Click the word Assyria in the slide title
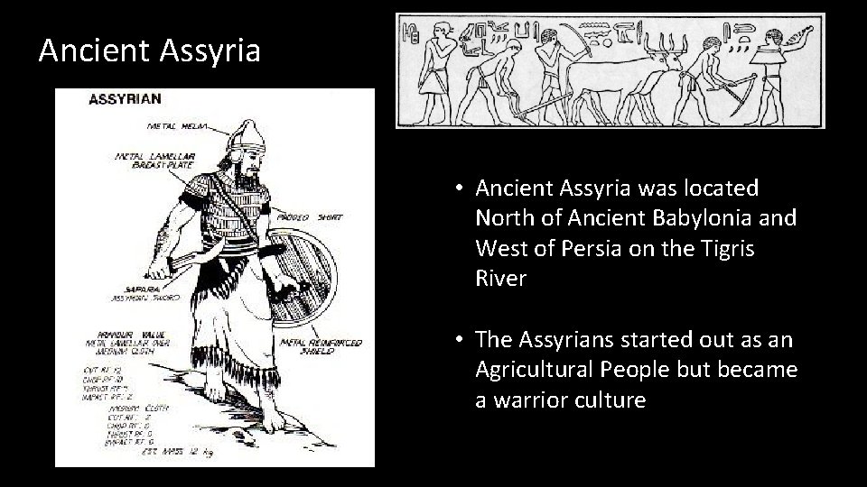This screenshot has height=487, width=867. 210,50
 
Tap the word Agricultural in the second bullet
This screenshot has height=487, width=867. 541,370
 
